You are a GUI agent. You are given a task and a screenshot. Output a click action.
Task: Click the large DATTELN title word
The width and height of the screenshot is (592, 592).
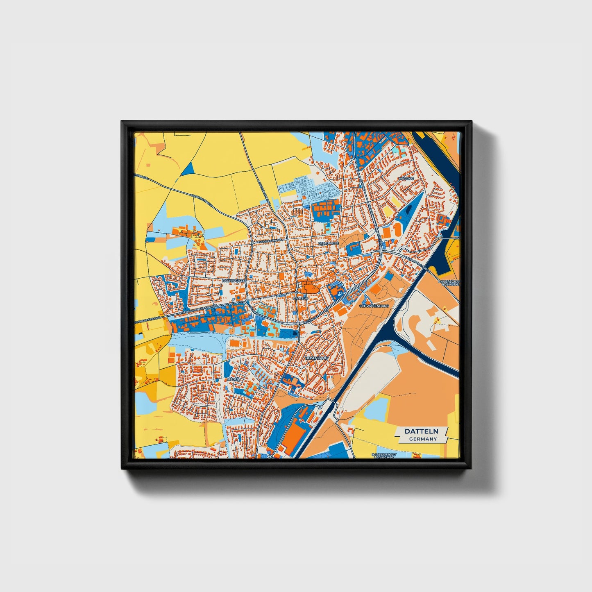(421, 431)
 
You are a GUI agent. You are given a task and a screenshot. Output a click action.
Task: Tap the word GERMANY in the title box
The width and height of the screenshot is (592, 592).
(423, 439)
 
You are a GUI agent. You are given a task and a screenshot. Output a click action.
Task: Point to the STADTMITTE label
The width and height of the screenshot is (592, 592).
(329, 243)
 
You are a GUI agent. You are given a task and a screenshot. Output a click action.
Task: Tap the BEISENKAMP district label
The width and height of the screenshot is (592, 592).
(317, 358)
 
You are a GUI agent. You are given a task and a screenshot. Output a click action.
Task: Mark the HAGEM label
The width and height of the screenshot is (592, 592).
(234, 379)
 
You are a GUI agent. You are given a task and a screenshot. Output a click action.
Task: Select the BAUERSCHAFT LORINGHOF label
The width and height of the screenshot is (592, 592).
(383, 455)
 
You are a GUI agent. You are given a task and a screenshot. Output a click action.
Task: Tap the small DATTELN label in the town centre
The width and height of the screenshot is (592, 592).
(300, 299)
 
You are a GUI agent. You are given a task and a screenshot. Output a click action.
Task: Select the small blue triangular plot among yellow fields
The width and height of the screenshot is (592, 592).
(187, 169)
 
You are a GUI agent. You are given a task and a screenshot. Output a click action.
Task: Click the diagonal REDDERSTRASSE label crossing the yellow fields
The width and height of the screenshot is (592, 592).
(202, 200)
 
